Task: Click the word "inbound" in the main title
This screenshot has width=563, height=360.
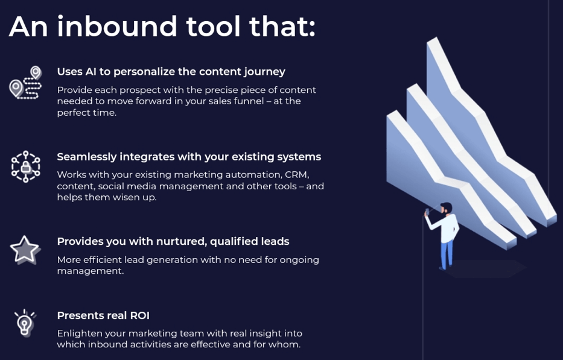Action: (x=117, y=26)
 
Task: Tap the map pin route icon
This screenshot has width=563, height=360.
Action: (x=25, y=83)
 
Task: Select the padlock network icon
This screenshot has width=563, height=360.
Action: (x=25, y=166)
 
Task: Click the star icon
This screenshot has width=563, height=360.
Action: (x=25, y=250)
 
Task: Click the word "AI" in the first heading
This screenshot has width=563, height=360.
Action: (x=91, y=72)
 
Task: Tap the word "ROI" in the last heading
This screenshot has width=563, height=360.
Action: (x=139, y=315)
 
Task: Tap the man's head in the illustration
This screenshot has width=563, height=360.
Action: (x=447, y=209)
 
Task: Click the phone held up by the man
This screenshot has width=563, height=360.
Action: (x=427, y=212)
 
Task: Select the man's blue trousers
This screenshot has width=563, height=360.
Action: (x=447, y=254)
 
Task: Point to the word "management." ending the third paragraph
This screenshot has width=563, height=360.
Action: (x=91, y=271)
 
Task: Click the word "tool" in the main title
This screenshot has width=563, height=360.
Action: (x=213, y=26)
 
